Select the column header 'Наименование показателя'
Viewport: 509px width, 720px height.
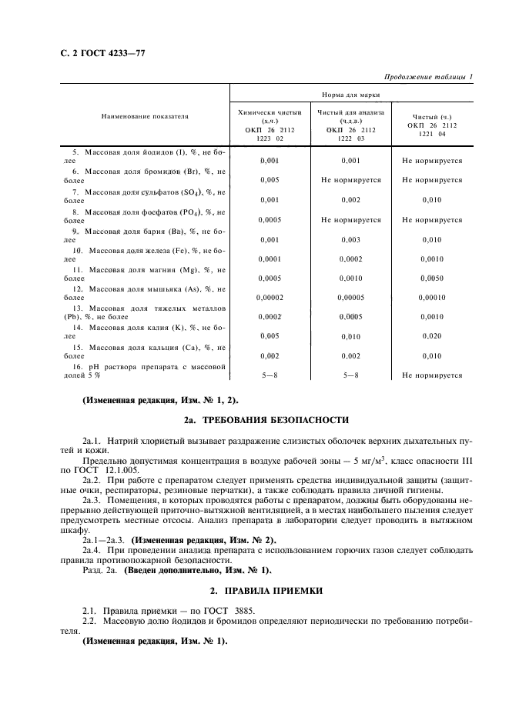point(144,116)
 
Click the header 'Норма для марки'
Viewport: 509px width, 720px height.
point(350,95)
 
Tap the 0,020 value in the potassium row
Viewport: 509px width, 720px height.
point(431,336)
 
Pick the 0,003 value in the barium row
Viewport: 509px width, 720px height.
point(350,239)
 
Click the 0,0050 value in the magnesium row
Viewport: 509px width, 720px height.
point(431,277)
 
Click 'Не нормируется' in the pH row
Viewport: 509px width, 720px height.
point(431,375)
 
